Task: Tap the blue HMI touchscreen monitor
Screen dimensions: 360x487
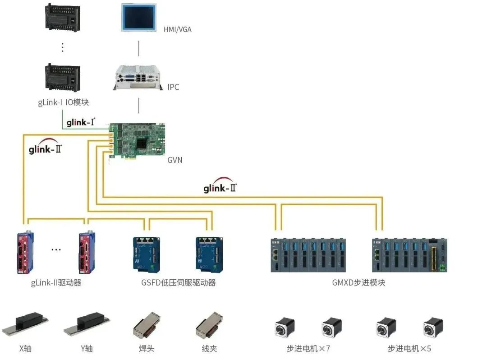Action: [x=139, y=18]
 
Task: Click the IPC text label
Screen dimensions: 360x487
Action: [x=173, y=87]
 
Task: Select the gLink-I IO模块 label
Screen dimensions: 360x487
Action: [x=63, y=102]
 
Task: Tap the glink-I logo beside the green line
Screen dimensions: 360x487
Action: [x=81, y=122]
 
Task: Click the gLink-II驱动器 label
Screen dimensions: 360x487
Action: [x=56, y=283]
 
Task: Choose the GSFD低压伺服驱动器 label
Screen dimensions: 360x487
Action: [x=179, y=283]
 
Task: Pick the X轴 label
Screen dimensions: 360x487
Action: [x=25, y=348]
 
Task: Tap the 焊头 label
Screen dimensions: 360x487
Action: [x=147, y=348]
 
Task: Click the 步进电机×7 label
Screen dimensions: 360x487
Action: [x=308, y=348]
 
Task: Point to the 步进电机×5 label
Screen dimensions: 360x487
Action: [x=409, y=348]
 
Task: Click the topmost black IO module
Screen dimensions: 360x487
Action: [x=63, y=18]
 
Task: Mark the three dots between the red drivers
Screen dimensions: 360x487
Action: [x=56, y=249]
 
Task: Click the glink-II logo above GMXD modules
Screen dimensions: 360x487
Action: [x=220, y=187]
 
